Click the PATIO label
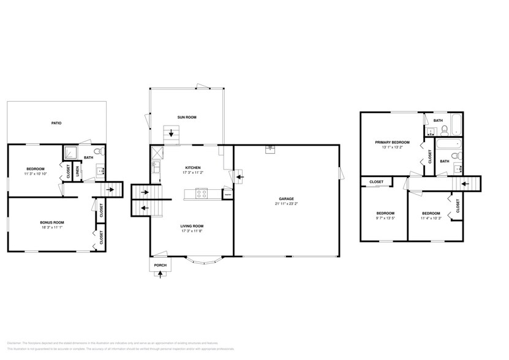(56, 123)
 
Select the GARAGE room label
(286, 199)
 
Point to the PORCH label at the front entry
(160, 265)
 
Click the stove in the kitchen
(201, 194)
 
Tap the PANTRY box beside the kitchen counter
(227, 195)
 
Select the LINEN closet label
(78, 172)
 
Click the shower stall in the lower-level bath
(72, 152)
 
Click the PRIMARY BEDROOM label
(392, 142)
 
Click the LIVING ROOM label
(192, 226)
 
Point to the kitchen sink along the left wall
(156, 165)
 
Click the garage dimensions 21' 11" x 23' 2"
(286, 204)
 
